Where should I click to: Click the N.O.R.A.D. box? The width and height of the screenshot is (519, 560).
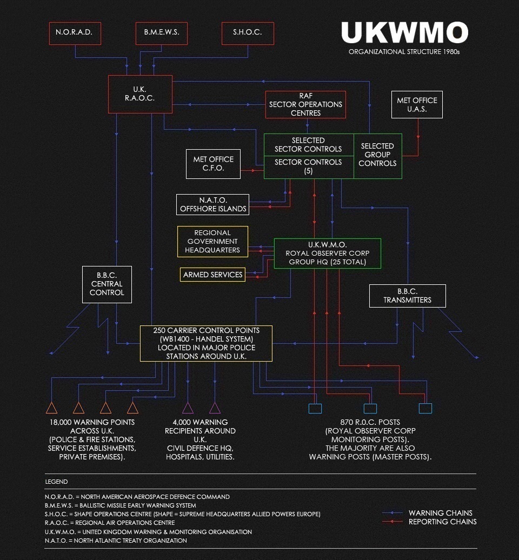tap(74, 33)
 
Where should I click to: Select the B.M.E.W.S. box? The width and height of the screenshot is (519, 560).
tap(162, 33)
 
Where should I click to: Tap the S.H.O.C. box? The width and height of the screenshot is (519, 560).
tap(248, 33)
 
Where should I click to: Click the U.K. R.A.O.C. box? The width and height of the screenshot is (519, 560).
tap(141, 94)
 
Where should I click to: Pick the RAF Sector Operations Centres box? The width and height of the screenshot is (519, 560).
tap(305, 104)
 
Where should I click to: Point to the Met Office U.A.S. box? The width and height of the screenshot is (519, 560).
tap(417, 104)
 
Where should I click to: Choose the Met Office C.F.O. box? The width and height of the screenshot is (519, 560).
tap(213, 164)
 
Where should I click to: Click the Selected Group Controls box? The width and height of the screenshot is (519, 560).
tap(377, 155)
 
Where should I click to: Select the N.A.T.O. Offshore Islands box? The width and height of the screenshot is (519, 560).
tap(213, 204)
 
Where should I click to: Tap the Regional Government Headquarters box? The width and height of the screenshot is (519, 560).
tap(213, 242)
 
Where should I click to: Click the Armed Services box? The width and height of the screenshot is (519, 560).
tap(212, 275)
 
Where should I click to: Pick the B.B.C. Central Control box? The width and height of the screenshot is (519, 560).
tap(107, 284)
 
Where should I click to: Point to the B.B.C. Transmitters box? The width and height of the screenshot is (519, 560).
tap(408, 296)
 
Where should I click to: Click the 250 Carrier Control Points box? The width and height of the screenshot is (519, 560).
tap(206, 343)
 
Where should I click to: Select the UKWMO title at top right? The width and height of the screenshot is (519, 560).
tap(404, 34)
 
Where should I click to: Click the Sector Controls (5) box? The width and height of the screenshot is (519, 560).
tap(308, 167)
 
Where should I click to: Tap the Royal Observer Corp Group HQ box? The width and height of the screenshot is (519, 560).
tap(327, 254)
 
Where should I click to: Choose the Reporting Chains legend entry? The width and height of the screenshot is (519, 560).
tap(442, 522)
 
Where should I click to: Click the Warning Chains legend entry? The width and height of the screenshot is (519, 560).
tap(440, 513)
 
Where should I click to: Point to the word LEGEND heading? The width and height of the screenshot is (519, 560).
tap(56, 482)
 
